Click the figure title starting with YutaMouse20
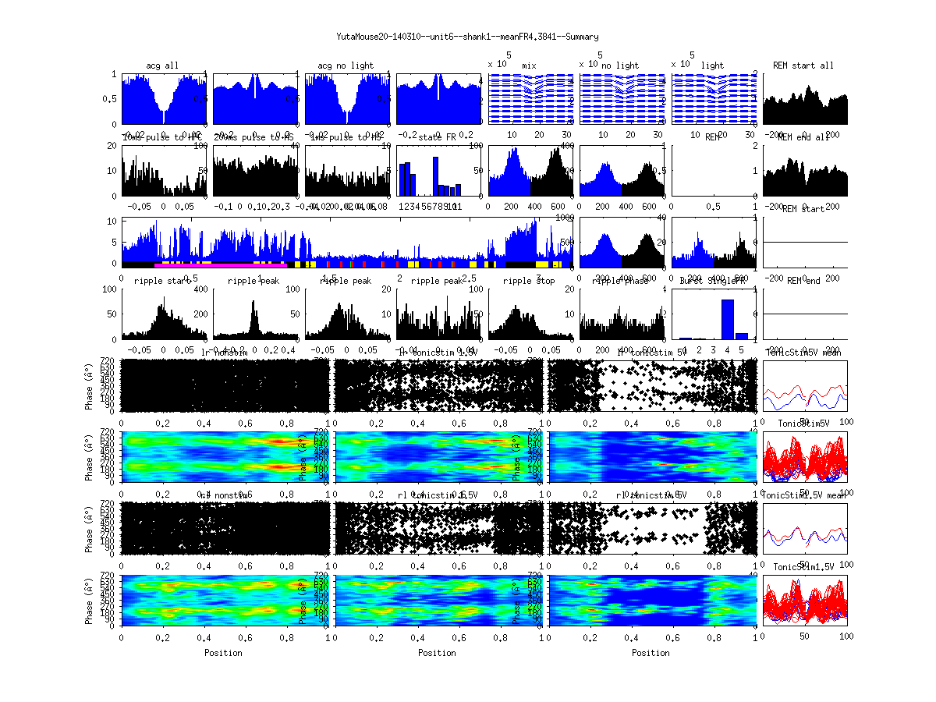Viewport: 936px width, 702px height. point(467,37)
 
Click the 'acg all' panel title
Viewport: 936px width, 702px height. point(162,66)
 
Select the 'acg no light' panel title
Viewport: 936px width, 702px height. point(346,66)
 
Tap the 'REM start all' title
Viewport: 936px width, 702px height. point(803,66)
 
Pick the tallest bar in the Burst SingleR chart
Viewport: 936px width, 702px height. point(727,319)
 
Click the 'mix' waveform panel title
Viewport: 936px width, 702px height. point(530,66)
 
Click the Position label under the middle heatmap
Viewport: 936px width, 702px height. point(438,653)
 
